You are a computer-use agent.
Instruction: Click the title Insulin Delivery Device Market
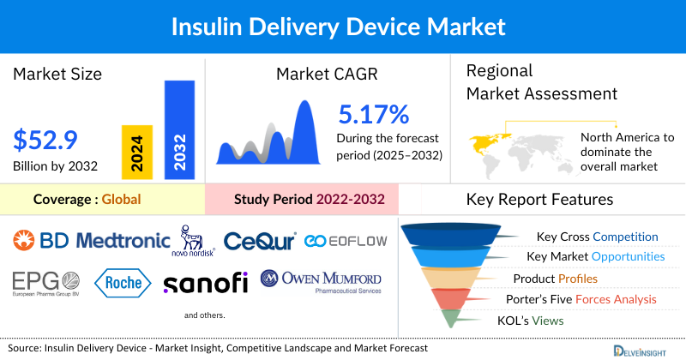coord(343,26)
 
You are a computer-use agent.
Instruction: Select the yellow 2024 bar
coord(137,151)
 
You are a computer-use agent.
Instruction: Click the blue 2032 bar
coord(178,129)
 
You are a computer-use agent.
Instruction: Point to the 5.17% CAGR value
coord(373,114)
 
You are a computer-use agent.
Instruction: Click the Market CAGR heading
coord(327,74)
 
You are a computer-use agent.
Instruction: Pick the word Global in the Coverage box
coord(121,200)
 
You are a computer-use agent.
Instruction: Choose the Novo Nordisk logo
coord(196,240)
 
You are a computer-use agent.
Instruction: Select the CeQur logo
coord(259,241)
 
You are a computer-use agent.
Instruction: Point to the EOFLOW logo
coord(346,242)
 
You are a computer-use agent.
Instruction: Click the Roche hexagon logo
coord(123,282)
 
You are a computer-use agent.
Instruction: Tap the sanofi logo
coord(205,282)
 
